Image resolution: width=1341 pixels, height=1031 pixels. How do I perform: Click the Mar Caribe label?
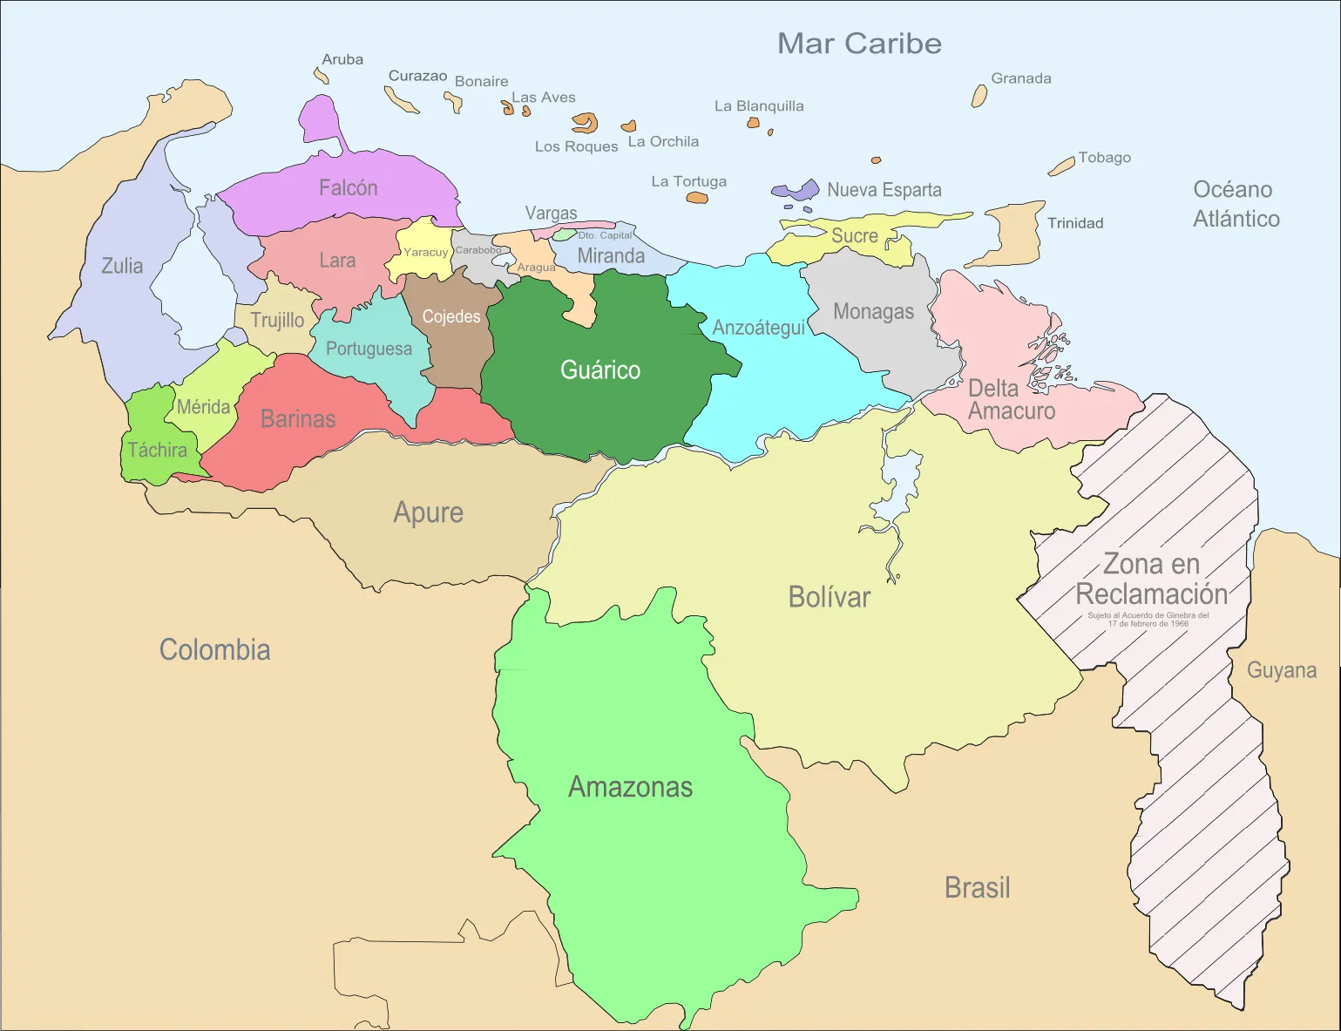[x=859, y=44]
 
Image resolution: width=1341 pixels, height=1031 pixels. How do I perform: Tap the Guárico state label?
[x=600, y=370]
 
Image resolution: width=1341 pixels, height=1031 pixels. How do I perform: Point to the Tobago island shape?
[x=1061, y=166]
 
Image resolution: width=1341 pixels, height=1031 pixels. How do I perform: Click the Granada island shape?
[x=979, y=96]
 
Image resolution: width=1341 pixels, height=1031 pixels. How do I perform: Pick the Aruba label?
[x=342, y=59]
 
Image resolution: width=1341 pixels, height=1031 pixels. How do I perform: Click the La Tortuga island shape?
[x=697, y=198]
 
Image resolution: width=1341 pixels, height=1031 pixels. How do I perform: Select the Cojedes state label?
[x=451, y=316]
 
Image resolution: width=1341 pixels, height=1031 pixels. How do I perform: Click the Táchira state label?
[x=158, y=450]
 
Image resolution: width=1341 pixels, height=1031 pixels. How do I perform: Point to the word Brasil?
[x=978, y=887]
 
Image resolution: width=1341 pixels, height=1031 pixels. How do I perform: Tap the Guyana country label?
[x=1281, y=670]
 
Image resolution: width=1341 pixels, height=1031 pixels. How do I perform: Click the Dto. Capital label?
[x=605, y=235]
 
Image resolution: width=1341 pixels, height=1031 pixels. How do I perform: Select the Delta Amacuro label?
[x=1011, y=400]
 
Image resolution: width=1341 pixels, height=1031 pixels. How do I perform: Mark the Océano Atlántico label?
[x=1235, y=204]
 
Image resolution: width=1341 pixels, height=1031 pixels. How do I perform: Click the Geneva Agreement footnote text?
[x=1148, y=620]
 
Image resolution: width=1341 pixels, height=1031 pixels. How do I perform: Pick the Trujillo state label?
[x=277, y=320]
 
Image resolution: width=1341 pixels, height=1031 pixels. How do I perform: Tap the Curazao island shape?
[x=402, y=101]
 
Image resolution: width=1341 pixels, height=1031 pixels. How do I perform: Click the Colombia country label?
[x=214, y=649]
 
